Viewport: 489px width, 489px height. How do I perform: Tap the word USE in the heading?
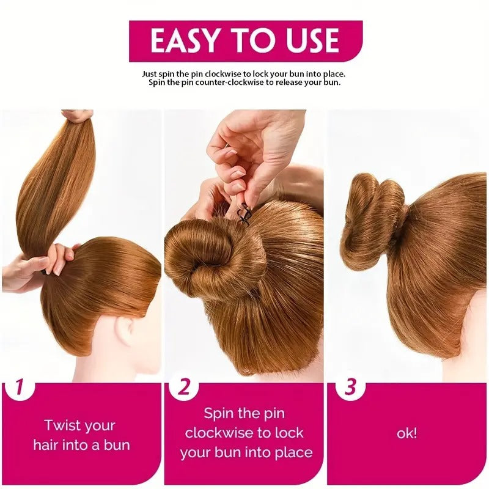pyautogui.click(x=312, y=40)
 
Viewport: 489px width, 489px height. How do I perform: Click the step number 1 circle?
pyautogui.click(x=19, y=386)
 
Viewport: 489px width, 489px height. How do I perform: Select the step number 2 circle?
pyautogui.click(x=185, y=388)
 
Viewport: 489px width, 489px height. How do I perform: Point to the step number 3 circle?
pyautogui.click(x=350, y=387)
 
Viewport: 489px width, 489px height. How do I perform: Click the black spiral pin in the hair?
pyautogui.click(x=243, y=213)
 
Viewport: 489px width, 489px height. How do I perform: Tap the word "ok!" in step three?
pyautogui.click(x=406, y=433)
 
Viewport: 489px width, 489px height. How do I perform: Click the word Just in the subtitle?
pyautogui.click(x=149, y=74)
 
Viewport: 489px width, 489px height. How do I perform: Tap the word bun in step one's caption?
pyautogui.click(x=117, y=445)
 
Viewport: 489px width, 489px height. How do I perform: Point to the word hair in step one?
pyautogui.click(x=45, y=445)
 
